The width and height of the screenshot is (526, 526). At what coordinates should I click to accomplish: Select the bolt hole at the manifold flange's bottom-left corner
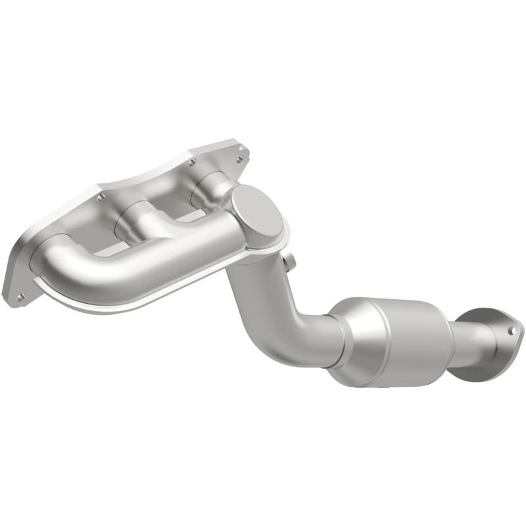click(18, 296)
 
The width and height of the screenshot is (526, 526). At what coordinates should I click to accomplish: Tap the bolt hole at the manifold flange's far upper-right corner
click(241, 149)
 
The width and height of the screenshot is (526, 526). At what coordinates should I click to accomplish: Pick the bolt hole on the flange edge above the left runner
click(100, 196)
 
